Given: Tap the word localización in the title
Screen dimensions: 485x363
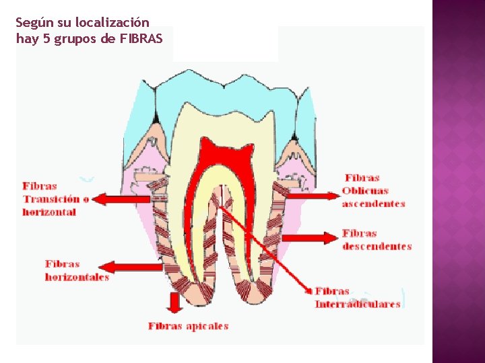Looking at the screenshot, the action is pos(112,22).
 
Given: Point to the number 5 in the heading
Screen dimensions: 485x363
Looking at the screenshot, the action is pos(46,39).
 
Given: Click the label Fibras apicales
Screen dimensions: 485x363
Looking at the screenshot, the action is pos(189,327).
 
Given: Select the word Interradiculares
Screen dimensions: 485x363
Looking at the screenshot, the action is pos(358,305).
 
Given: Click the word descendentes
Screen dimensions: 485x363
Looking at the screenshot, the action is pos(377,246).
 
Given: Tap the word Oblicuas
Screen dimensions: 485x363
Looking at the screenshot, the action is pos(365,191).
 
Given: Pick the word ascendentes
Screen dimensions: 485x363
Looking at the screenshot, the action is pos(374,204).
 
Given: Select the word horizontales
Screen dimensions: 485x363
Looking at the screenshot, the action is pos(77,277).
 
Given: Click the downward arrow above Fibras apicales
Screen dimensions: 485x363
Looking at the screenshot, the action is pos(174,302).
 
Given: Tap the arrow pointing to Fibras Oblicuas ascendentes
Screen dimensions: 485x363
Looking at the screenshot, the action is pos(314,196).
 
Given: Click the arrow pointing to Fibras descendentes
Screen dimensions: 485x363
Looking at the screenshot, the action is pos(310,238).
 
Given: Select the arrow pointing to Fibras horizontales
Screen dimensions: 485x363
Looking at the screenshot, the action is pos(130,268).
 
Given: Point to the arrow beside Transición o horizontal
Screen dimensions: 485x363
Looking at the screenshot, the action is pos(121,199).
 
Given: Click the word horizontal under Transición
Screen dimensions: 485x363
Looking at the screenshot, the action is pos(49,212).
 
